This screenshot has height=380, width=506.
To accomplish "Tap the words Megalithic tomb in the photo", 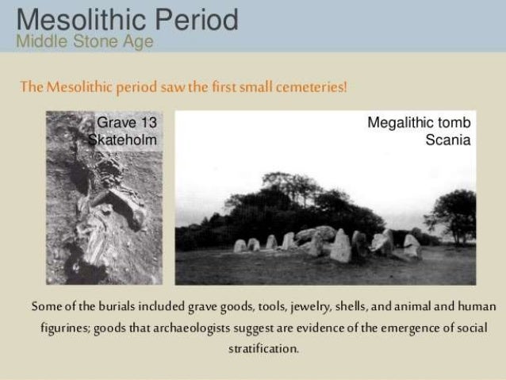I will click(420, 123).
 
